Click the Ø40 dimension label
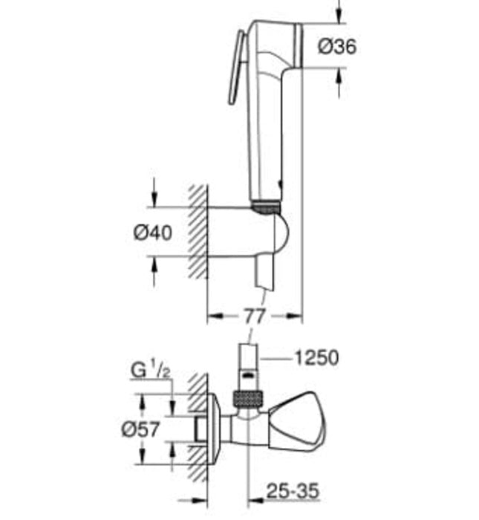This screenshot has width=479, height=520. click(x=153, y=233)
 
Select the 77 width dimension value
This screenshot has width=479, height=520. click(x=254, y=316)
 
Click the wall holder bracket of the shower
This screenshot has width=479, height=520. click(x=245, y=234)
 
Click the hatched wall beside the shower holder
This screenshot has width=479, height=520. click(x=196, y=230)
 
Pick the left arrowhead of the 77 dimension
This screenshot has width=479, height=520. click(x=212, y=316)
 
